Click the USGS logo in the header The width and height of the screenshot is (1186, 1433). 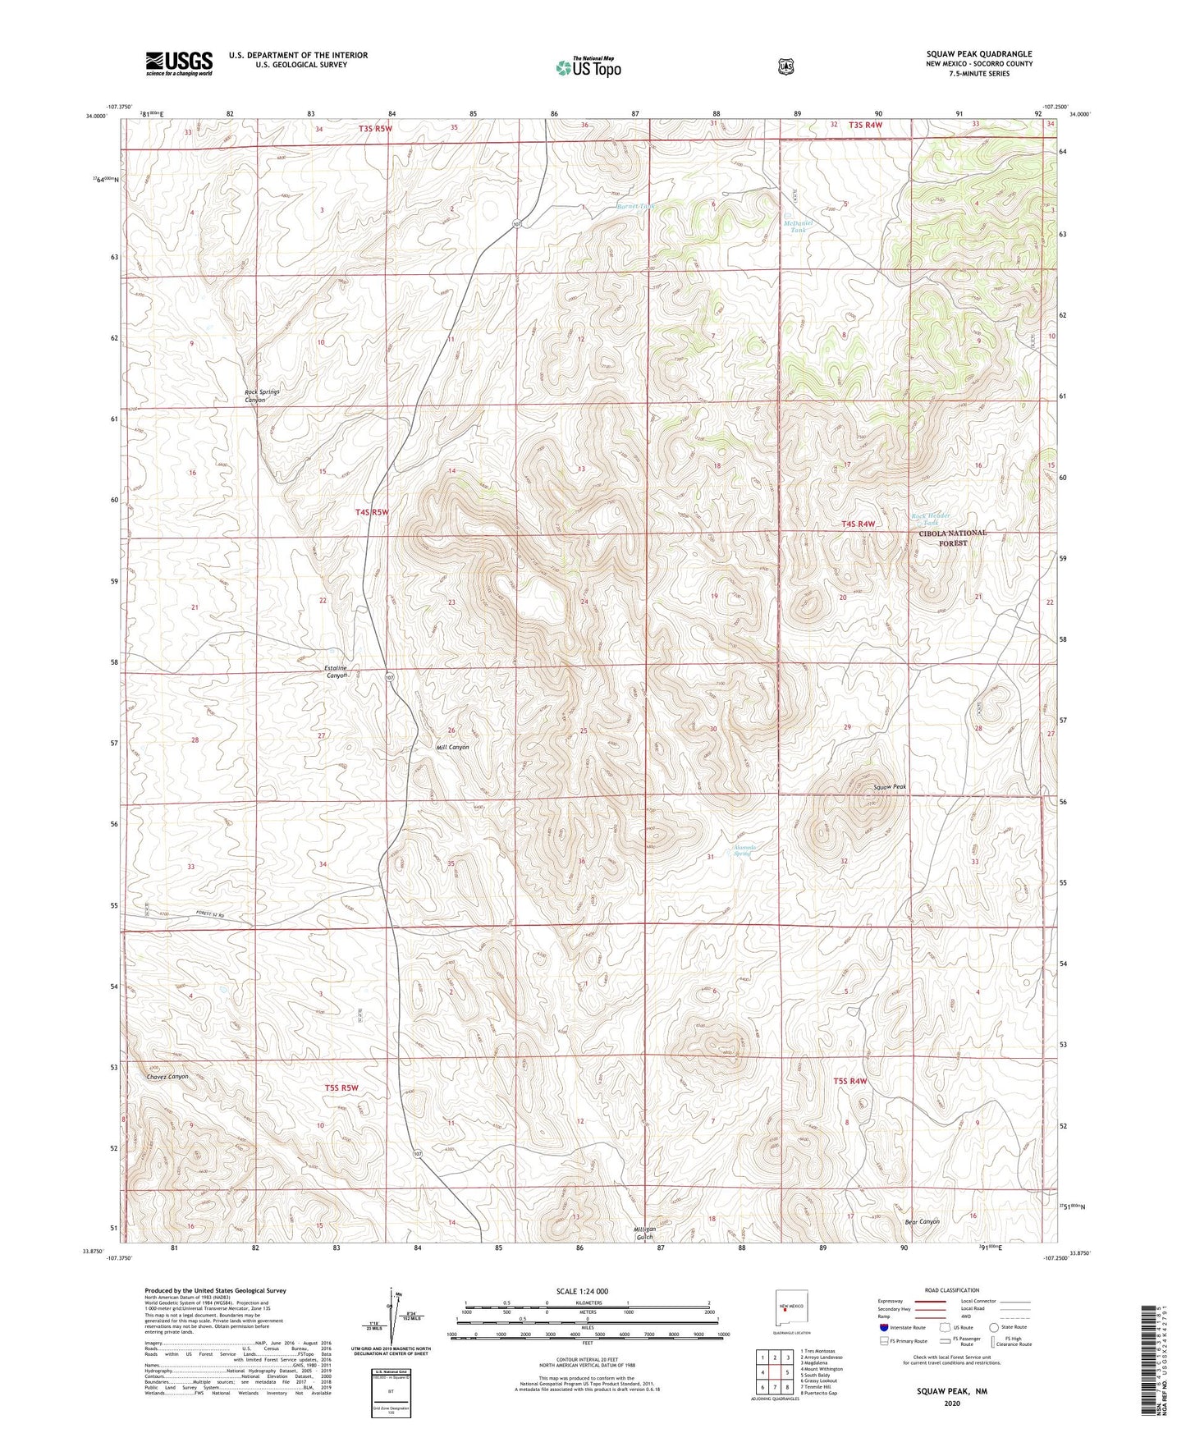(179, 63)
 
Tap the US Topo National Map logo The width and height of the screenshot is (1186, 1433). (588, 67)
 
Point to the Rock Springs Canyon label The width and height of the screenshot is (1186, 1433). (262, 396)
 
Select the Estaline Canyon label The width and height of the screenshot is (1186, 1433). (337, 671)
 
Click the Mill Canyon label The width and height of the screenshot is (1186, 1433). (452, 747)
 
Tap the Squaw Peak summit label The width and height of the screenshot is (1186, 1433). (890, 786)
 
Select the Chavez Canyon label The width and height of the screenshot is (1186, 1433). (167, 1076)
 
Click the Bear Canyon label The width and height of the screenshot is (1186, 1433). (922, 1221)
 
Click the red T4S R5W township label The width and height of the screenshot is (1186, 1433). (371, 512)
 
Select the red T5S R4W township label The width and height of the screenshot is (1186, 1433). (850, 1081)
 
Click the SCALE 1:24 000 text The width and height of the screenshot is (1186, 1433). (582, 1291)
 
